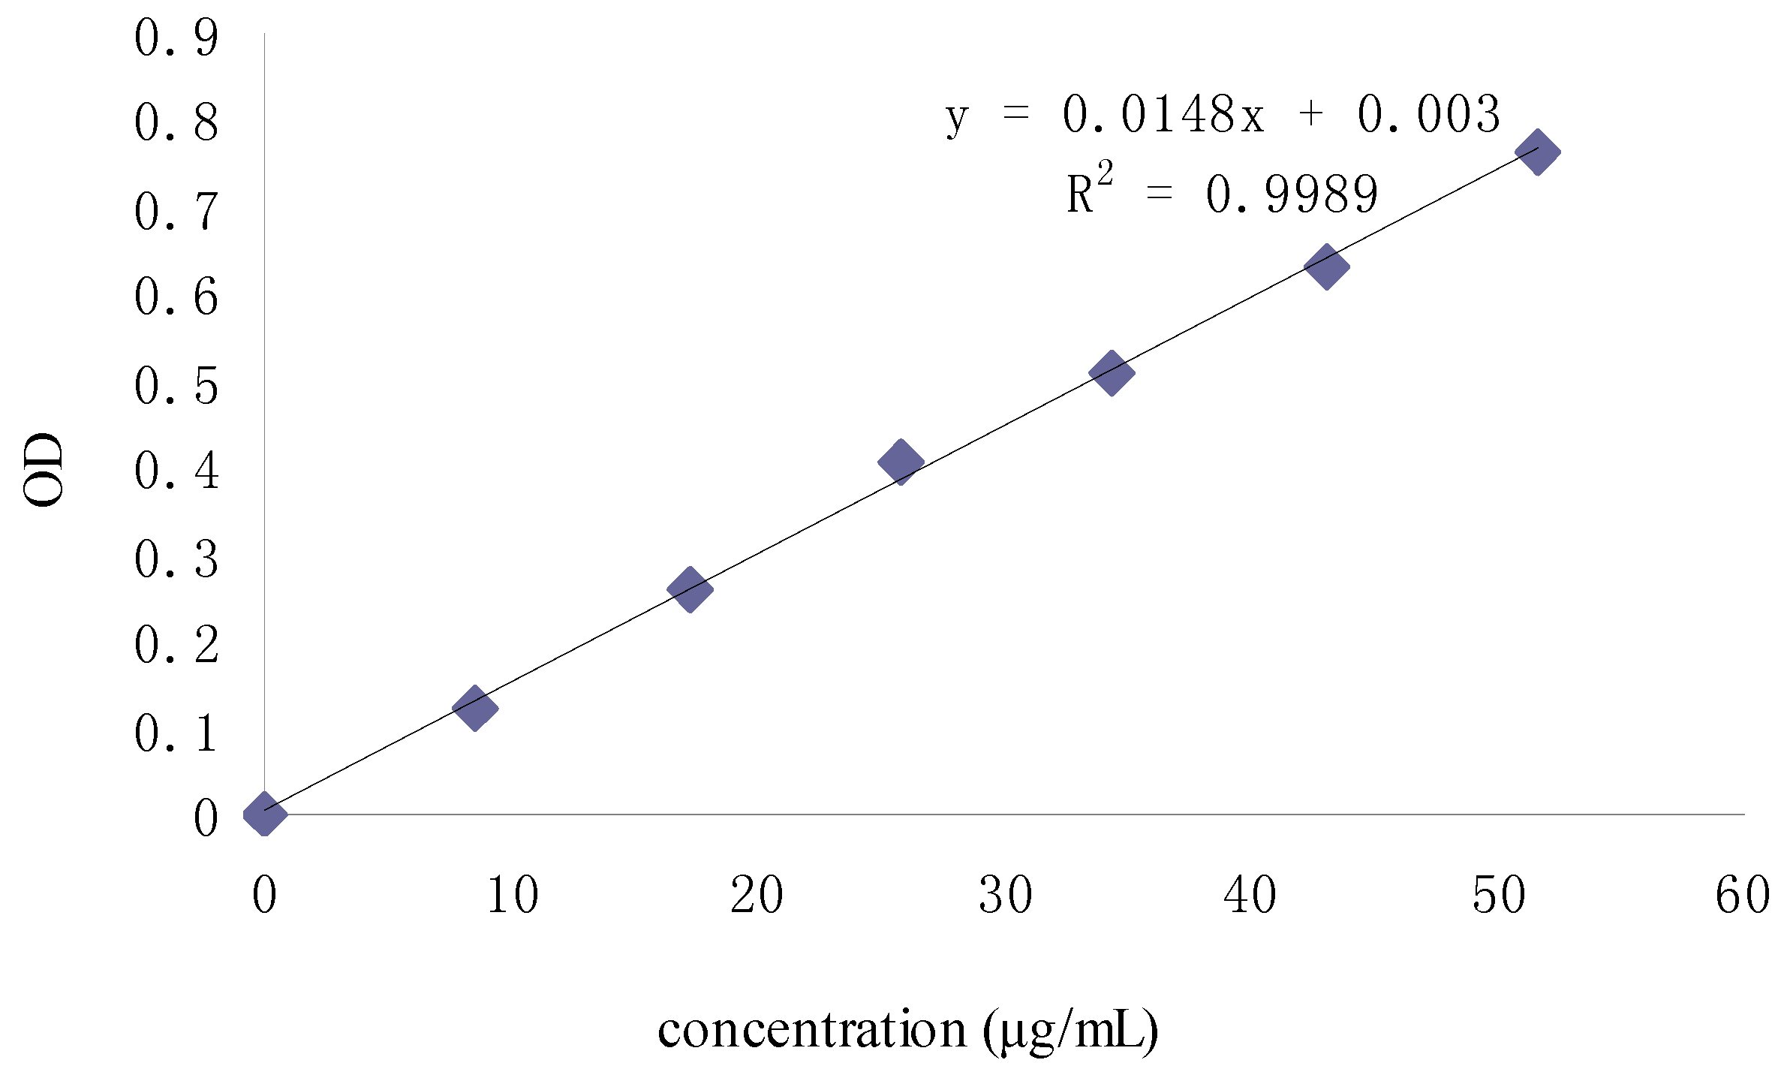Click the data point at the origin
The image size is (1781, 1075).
pyautogui.click(x=265, y=813)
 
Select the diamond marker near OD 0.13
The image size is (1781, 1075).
pyautogui.click(x=475, y=707)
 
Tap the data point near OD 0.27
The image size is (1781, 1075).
pyautogui.click(x=690, y=589)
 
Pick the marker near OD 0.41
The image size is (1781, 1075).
pyautogui.click(x=900, y=462)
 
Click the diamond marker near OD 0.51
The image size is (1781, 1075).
pyautogui.click(x=1112, y=372)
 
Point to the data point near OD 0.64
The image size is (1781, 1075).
pyautogui.click(x=1327, y=266)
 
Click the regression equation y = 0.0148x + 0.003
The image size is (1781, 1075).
pyautogui.click(x=1223, y=116)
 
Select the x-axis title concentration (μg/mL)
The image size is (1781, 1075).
pyautogui.click(x=907, y=1030)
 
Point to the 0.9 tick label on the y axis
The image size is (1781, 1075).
pyautogui.click(x=177, y=38)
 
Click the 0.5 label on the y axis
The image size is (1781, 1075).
pyautogui.click(x=177, y=387)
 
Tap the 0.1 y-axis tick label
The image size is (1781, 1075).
pyautogui.click(x=177, y=733)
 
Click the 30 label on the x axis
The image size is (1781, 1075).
pyautogui.click(x=1006, y=896)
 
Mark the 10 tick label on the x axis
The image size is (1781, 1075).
pyautogui.click(x=513, y=896)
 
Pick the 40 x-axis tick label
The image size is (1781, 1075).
pyautogui.click(x=1250, y=896)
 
